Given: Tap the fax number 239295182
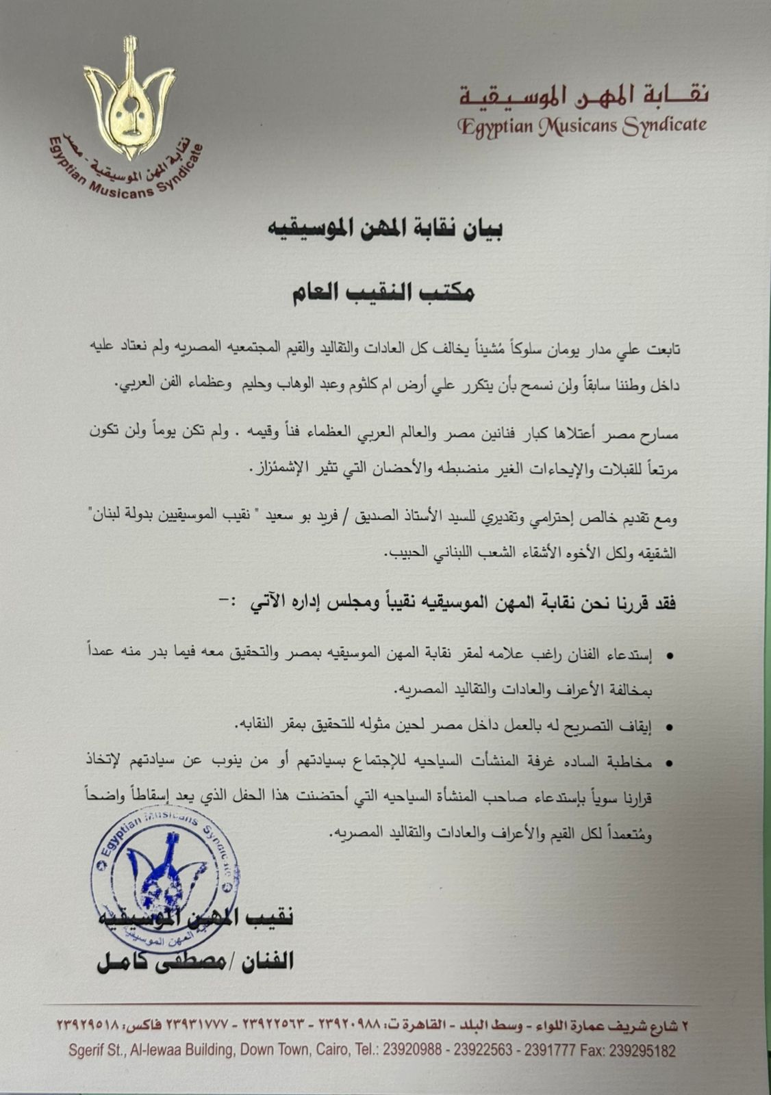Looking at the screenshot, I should (x=642, y=1050).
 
